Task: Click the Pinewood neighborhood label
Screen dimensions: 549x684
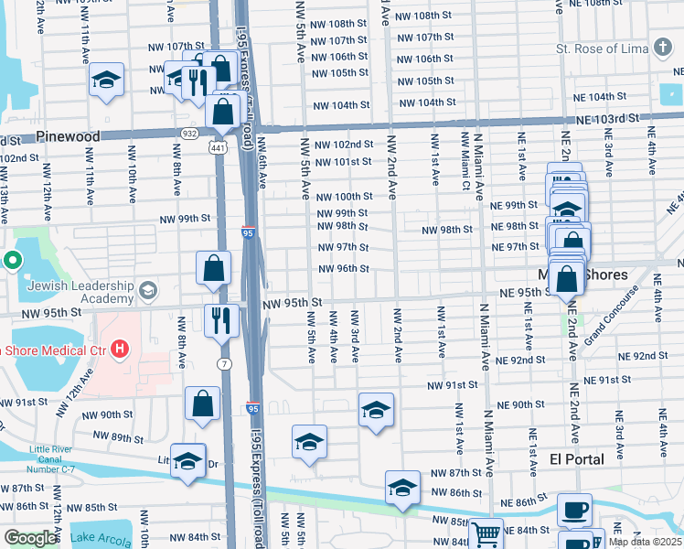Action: [68, 136]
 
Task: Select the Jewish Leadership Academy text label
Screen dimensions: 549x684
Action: [80, 292]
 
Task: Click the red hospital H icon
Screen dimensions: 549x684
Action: [119, 349]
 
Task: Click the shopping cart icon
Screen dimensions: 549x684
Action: [486, 533]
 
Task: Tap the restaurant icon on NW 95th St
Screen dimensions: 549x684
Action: [221, 319]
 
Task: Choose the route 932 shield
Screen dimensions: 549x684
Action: [189, 134]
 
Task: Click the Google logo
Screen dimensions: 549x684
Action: [30, 538]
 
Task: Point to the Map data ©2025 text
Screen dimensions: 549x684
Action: [645, 542]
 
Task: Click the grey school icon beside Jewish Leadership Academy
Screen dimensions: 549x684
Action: [146, 291]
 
